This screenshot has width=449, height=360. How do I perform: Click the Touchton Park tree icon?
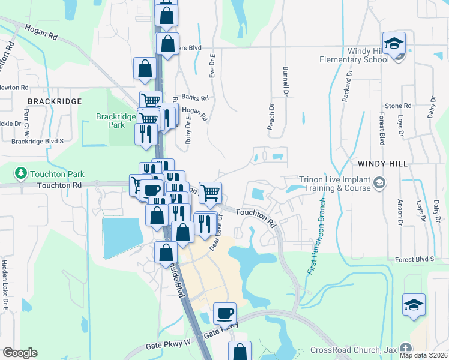[21, 174]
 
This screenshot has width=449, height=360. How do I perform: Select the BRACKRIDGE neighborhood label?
[54, 101]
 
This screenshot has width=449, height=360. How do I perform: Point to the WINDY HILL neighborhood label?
[382, 163]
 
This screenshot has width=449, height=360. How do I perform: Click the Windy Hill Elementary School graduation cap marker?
[394, 44]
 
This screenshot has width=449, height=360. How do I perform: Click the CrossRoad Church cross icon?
[406, 349]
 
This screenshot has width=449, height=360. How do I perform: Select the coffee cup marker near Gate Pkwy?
[224, 313]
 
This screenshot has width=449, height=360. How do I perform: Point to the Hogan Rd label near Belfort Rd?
[41, 32]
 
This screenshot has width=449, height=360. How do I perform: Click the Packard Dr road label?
[346, 86]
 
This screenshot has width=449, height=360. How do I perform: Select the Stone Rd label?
[398, 106]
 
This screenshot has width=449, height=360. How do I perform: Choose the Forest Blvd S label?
[414, 259]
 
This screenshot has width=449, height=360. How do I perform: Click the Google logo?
[20, 353]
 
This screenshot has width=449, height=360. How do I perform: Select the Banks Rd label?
[194, 97]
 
